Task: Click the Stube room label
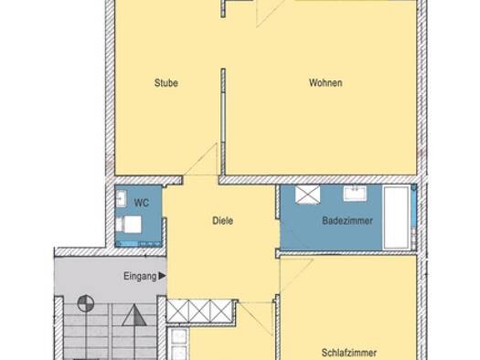tap(166, 83)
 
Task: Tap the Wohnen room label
tap(325, 83)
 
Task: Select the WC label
tap(142, 203)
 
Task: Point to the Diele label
tap(222, 220)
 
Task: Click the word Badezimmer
tap(347, 220)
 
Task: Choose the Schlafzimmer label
tap(349, 353)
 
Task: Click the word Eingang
tap(140, 276)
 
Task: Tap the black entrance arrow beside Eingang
tap(162, 276)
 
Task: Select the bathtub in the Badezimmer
tap(397, 217)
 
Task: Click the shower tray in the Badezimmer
tap(307, 195)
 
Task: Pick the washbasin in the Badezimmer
tap(355, 194)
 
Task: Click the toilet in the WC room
tap(129, 224)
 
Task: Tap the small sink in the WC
tap(122, 198)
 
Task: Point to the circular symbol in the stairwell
tap(86, 303)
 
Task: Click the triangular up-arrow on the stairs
tap(134, 315)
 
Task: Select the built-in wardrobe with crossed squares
tap(200, 311)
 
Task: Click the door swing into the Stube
tap(200, 159)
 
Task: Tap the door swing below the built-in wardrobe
tap(256, 318)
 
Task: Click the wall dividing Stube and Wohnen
tap(223, 122)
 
